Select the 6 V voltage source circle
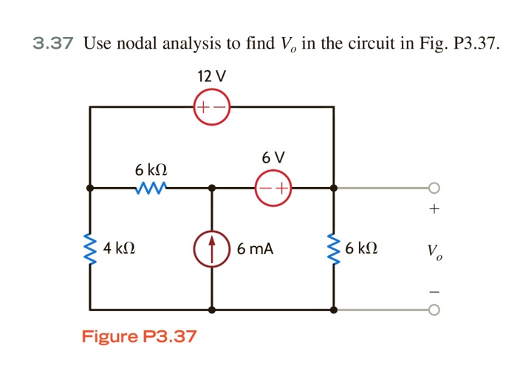[x=273, y=188]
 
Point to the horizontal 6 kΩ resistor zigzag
[x=151, y=188]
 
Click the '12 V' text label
[x=212, y=76]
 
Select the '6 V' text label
[x=273, y=157]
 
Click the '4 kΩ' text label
[x=119, y=248]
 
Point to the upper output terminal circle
[x=434, y=188]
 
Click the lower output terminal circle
[x=434, y=310]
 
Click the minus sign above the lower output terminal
[x=434, y=290]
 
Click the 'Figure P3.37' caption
[x=139, y=337]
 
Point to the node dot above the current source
[x=212, y=188]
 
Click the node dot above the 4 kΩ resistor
[x=90, y=188]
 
